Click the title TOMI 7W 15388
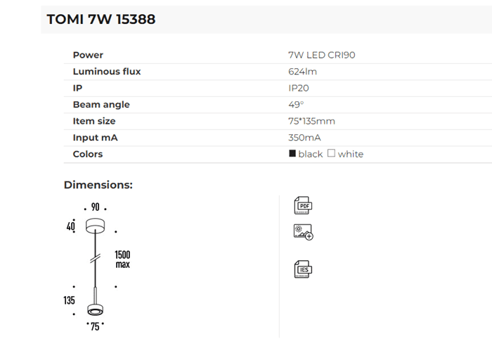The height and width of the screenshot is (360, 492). coord(101,20)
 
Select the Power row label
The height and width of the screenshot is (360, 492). coord(88,55)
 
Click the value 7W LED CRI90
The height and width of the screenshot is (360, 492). coord(316,55)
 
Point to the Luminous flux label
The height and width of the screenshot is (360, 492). coord(107,71)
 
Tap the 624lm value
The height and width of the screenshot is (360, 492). coord(303,71)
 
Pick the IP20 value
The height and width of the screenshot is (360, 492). coord(299,88)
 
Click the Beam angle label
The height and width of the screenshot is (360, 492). coord(101,105)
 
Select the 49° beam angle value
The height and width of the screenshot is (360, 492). coord(296,105)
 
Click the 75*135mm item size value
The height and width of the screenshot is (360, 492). coord(311,121)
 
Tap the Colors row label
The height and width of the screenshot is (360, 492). coord(88,154)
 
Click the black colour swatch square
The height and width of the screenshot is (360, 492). coord(292,153)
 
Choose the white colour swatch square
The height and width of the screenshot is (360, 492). coord(332,153)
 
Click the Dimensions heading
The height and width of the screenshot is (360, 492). coord(98,185)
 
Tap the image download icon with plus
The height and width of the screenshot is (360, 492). coord(304,232)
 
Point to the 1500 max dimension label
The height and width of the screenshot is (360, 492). coord(123,259)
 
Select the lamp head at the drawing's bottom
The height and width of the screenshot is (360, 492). coord(94,310)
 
